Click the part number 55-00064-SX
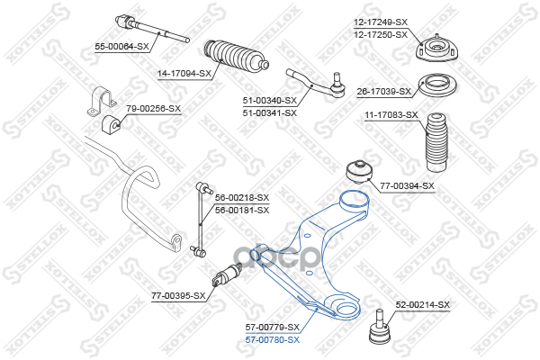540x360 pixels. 121,46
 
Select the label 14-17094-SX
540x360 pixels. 184,74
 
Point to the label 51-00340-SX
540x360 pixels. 270,102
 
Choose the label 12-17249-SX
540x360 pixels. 380,22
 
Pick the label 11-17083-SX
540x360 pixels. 391,115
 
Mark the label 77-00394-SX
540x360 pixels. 407,186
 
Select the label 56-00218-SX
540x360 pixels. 242,197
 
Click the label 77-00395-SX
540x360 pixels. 178,295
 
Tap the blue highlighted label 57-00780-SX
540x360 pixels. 273,338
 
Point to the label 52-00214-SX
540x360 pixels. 422,305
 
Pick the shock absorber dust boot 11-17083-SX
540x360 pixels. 436,141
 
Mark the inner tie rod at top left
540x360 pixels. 151,28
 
